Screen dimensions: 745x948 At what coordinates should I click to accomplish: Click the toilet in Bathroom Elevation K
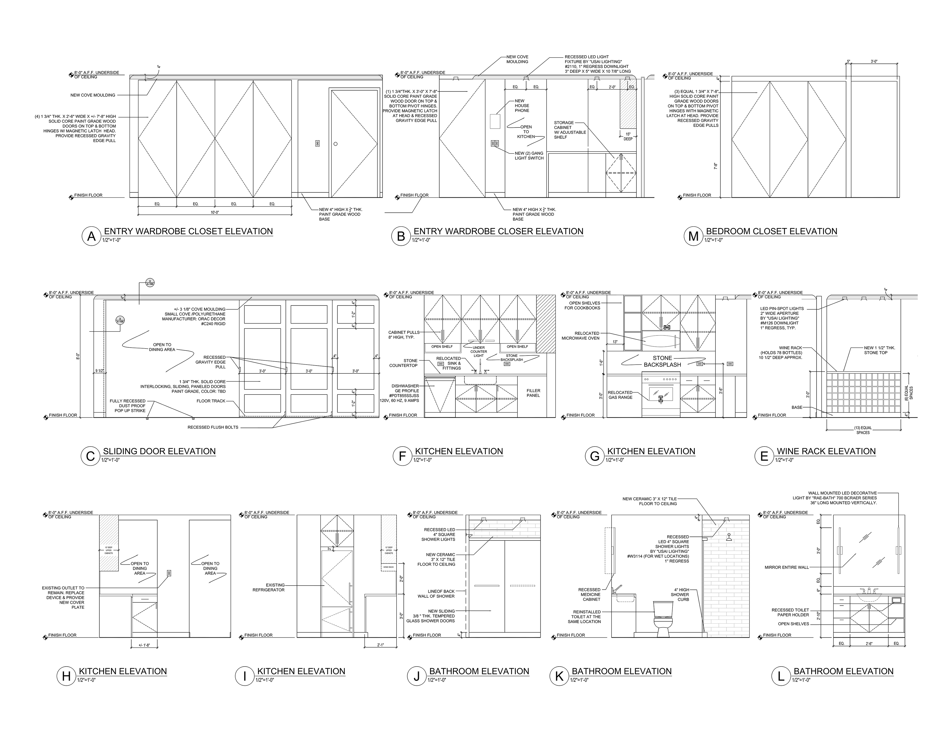click(663, 619)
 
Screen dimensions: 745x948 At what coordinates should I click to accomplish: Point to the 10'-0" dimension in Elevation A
click(215, 213)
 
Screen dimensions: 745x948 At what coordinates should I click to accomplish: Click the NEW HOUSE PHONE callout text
click(522, 106)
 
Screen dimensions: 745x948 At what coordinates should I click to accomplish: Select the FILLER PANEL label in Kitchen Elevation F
click(533, 393)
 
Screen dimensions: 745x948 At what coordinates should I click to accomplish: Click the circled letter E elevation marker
click(764, 456)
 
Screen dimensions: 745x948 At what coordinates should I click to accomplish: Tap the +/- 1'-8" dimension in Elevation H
click(144, 645)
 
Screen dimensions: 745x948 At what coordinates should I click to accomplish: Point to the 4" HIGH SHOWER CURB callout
click(680, 594)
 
